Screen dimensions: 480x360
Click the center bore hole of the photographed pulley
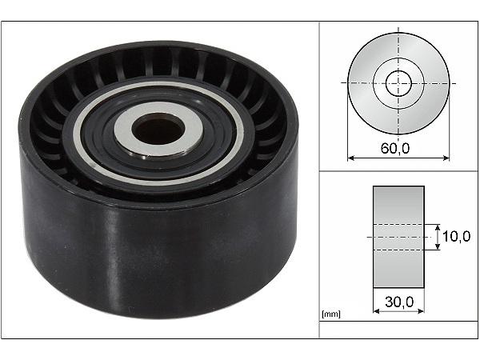click(x=158, y=129)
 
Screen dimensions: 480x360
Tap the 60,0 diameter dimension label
click(x=395, y=148)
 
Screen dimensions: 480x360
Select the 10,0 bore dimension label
click(x=457, y=236)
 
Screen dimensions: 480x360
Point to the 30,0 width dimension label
click(x=399, y=302)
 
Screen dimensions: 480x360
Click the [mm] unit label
click(x=331, y=314)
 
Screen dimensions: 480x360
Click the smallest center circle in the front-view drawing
click(x=398, y=83)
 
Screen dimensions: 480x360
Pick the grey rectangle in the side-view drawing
click(x=398, y=237)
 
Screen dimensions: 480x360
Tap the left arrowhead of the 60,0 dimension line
click(x=351, y=158)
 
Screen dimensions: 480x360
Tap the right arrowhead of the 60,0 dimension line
click(x=446, y=158)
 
